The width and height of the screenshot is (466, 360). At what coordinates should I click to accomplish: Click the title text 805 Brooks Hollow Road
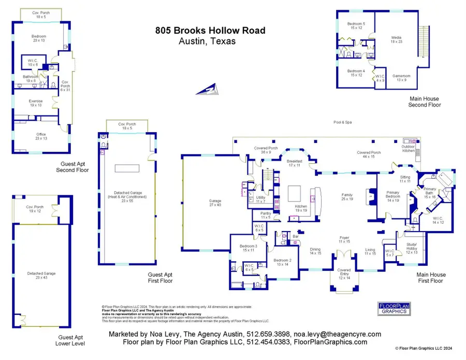coord(211,31)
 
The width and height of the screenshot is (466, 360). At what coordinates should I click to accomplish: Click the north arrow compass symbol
coord(208,90)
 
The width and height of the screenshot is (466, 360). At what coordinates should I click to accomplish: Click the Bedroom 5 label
coord(356,26)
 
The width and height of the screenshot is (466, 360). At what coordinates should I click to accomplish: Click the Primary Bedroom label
coord(392,196)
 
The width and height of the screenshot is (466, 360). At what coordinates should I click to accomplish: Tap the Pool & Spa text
coord(342,122)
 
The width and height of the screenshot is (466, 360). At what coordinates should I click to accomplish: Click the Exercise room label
coord(36,103)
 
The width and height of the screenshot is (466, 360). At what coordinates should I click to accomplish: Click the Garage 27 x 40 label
coord(214,203)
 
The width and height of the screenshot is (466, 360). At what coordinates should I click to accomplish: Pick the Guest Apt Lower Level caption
coord(70,340)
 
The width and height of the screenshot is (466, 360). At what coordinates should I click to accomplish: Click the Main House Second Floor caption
coord(424,102)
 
